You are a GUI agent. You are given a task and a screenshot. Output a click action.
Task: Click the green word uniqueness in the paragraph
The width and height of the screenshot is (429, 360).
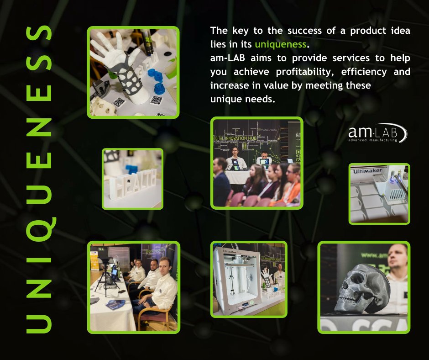280,45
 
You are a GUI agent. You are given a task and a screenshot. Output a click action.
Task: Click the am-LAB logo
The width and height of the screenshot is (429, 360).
377,133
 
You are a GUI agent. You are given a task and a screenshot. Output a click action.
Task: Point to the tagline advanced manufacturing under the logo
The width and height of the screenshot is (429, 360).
372,140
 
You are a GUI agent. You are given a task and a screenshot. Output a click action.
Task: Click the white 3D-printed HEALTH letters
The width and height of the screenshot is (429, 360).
132,182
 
